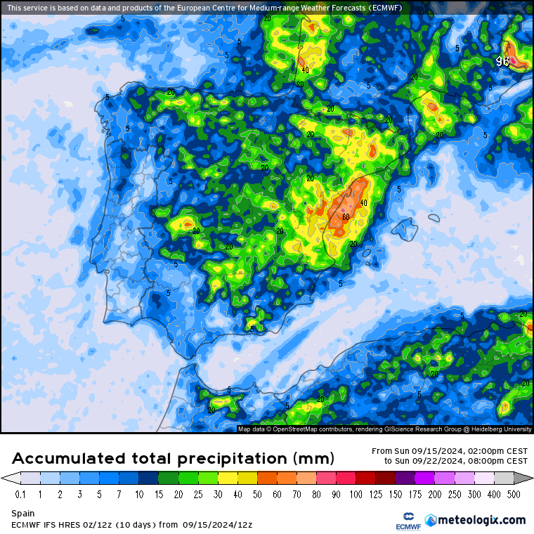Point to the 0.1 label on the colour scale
click(20, 494)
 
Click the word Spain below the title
click(22, 514)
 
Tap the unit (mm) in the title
click(313, 460)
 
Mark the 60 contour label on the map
click(346, 216)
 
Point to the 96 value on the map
click(502, 61)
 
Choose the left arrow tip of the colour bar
click(6, 478)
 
